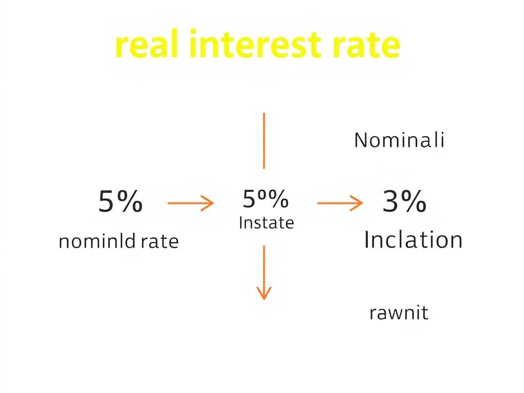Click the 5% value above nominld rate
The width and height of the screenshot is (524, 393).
120,202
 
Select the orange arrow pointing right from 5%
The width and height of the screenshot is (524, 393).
190,203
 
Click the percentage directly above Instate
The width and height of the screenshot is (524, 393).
265,199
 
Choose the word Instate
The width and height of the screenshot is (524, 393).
266,223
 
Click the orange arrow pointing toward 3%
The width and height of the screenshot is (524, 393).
340,203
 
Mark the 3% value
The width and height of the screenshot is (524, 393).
404,202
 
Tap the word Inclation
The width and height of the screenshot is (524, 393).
413,239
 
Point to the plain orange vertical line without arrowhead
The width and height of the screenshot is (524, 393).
264,141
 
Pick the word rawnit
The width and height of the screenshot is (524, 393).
398,312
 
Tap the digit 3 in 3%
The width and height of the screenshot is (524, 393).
391,202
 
